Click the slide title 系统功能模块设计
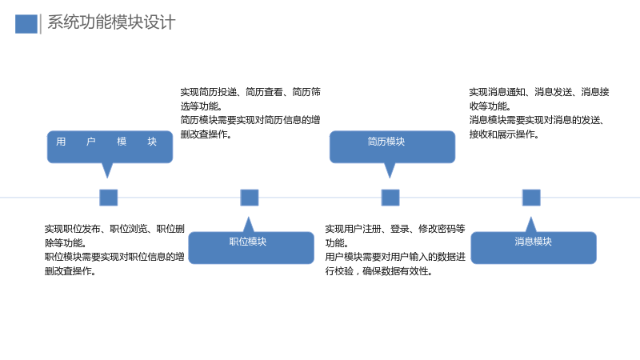[111, 22]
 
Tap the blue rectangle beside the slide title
[26, 24]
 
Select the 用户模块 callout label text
[106, 142]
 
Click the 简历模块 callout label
[386, 142]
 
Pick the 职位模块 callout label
[248, 242]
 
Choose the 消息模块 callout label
[533, 242]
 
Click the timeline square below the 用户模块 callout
[109, 198]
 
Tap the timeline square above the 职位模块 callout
[250, 198]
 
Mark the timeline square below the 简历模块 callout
[390, 198]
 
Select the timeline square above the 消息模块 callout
[531, 198]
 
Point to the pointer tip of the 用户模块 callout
[107, 178]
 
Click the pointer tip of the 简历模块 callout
[390, 178]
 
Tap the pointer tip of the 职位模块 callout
[248, 217]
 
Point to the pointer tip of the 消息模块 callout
[530, 217]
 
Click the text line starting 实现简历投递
[250, 92]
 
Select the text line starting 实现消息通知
[539, 92]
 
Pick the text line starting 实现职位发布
[114, 229]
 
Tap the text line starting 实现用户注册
[395, 229]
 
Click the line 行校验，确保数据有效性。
[378, 271]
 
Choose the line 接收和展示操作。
[504, 134]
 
